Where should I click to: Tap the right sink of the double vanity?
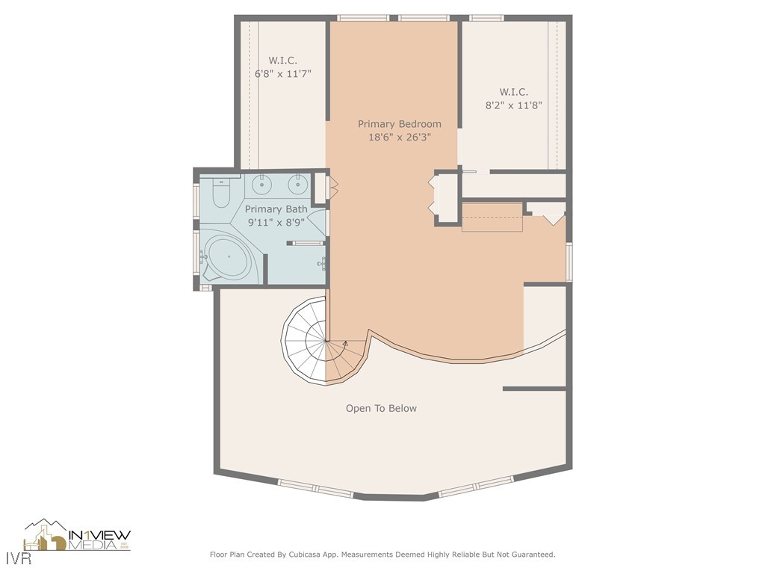(299, 183)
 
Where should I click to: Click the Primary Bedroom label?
(399, 124)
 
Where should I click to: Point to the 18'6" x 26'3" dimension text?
(399, 137)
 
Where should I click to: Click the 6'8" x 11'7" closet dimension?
(282, 73)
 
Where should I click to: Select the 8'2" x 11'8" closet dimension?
(513, 105)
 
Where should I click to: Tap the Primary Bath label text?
(276, 209)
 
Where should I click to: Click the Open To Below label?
(381, 408)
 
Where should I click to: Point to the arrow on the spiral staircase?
(344, 344)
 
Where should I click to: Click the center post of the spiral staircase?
(326, 341)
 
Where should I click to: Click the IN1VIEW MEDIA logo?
(78, 536)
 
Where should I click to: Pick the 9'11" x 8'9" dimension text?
(276, 222)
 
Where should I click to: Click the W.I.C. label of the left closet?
(282, 61)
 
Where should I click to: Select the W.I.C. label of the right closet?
(513, 92)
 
